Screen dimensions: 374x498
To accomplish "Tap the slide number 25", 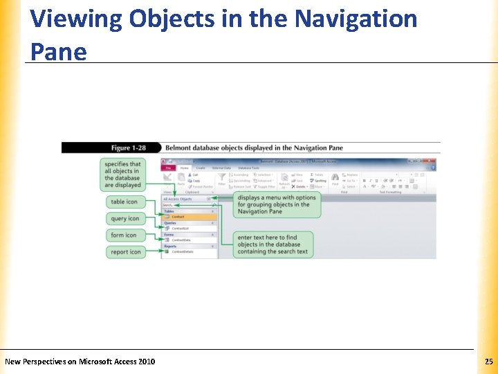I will [x=488, y=362].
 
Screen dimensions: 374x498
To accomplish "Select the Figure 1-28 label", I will [x=130, y=148].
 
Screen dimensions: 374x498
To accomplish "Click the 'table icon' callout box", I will [x=124, y=202].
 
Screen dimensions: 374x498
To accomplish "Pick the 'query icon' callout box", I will [x=124, y=219].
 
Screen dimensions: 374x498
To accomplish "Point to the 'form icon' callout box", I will [x=124, y=235].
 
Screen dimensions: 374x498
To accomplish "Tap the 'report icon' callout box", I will [x=125, y=252].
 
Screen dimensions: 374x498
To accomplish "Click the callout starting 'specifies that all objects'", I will [x=122, y=175].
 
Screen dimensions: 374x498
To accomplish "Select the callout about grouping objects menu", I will [x=277, y=204].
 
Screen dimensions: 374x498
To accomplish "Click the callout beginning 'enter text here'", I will [x=273, y=244].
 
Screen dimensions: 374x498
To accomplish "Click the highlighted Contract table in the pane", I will [x=179, y=217].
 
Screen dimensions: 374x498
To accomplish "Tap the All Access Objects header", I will [x=178, y=199].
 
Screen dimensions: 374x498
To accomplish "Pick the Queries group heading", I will [x=171, y=222].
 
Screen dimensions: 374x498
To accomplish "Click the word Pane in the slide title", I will [x=58, y=51].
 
